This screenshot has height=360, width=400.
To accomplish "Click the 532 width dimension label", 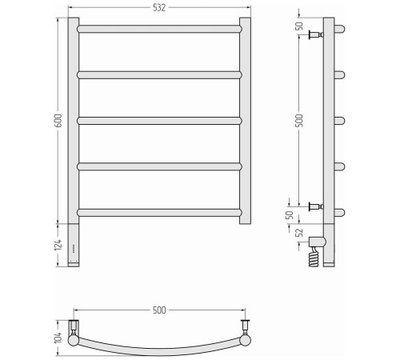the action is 159,8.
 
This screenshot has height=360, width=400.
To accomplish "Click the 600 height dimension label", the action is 58,121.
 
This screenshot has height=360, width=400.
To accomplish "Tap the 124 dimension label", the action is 58,245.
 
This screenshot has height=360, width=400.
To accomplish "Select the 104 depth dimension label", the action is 58,338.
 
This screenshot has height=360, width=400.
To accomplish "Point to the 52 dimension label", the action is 300,232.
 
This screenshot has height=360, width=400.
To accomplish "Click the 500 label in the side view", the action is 300,121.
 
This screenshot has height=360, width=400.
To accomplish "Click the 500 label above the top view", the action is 159,310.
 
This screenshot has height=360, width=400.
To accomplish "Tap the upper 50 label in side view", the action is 300,26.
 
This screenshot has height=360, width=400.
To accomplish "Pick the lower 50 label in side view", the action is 290,214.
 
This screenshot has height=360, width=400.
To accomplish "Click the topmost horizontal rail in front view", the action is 159,29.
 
